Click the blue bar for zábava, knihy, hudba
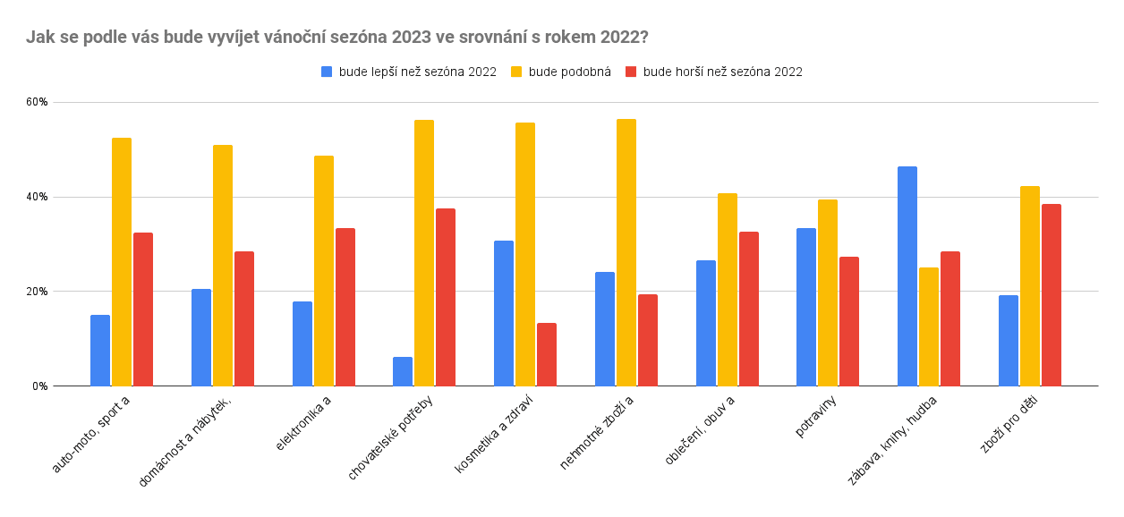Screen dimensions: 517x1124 (907, 276)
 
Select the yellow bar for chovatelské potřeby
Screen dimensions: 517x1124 (424, 253)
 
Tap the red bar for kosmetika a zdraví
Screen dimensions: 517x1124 (547, 354)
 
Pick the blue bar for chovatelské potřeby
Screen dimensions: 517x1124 (403, 371)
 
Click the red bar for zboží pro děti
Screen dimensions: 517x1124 (1052, 295)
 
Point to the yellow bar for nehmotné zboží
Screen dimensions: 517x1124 (626, 252)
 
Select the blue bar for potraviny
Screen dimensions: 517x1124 (806, 307)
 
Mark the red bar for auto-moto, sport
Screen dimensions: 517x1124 (143, 309)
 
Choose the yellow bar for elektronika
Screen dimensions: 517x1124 (324, 271)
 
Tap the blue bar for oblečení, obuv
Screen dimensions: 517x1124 (705, 323)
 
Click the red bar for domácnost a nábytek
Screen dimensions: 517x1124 (244, 318)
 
